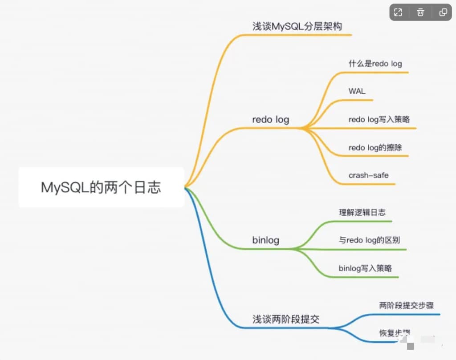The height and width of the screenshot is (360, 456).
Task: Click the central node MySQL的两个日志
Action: tap(101, 187)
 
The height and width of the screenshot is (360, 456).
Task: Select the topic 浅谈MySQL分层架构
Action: tap(297, 26)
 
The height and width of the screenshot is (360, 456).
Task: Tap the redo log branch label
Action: tap(270, 119)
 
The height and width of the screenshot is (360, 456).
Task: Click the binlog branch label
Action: tap(265, 240)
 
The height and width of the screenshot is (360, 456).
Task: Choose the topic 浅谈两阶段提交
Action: tap(286, 319)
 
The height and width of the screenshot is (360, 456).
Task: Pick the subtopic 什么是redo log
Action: tap(375, 63)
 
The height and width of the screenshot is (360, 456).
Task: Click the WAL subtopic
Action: tap(357, 91)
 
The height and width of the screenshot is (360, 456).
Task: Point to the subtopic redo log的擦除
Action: tap(375, 147)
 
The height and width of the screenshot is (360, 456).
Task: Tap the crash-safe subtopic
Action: tap(368, 175)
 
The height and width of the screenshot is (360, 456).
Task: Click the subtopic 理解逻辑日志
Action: tap(362, 212)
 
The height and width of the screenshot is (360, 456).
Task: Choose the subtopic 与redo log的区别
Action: tap(369, 240)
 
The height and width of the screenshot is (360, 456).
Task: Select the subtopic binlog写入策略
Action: tap(365, 268)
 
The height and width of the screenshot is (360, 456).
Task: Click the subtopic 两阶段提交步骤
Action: tap(406, 305)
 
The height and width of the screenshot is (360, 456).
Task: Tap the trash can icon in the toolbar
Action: tap(420, 12)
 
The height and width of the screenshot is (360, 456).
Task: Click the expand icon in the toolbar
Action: tap(398, 12)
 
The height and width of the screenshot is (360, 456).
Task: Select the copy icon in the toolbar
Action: tap(443, 12)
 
